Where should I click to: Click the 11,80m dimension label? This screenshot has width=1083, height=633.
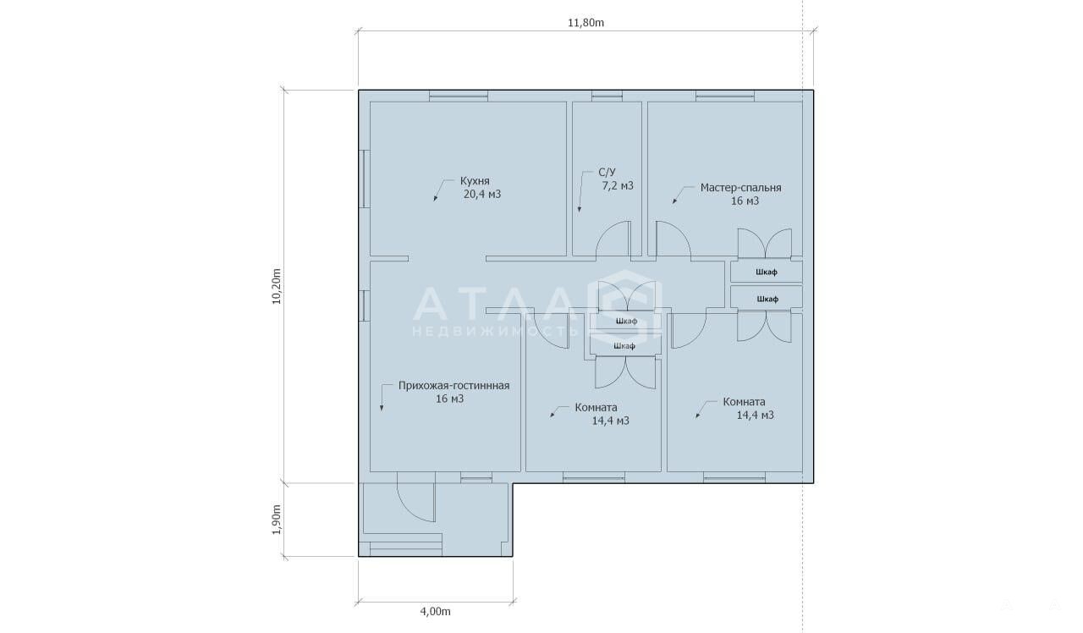pos(585,23)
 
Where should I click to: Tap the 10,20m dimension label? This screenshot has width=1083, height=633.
pos(277,286)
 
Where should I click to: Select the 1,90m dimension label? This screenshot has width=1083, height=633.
pos(277,520)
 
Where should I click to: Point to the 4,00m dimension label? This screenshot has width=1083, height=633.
pos(435,611)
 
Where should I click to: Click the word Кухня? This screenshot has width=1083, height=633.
pos(475,181)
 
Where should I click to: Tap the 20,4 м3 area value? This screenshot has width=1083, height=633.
pos(482,195)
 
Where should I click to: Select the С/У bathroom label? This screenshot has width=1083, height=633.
pos(607,172)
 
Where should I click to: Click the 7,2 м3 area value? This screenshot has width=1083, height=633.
pos(618,185)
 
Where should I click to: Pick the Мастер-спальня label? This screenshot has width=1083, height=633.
pos(740,188)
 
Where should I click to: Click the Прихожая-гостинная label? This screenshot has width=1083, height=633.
pos(454,386)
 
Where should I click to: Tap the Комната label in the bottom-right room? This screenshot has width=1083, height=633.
pos(744,402)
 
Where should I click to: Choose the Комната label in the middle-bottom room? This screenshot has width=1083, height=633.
pos(596,408)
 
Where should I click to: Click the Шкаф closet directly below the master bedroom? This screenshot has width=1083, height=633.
pos(767,272)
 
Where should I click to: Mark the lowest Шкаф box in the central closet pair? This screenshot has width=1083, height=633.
pos(624,346)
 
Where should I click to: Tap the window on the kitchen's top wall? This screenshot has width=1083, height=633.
pos(459,96)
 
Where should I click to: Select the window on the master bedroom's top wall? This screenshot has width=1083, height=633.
pos(725,96)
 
